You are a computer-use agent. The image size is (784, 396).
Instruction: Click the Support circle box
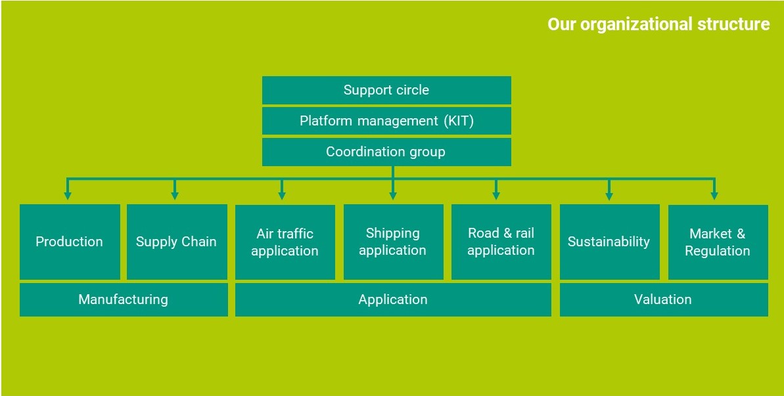pos(386,90)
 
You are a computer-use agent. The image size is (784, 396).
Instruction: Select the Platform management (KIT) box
pos(386,121)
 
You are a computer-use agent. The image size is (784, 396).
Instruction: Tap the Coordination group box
pos(386,152)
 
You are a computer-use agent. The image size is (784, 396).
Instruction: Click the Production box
pos(70,242)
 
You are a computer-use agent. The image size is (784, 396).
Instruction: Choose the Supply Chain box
pos(177,242)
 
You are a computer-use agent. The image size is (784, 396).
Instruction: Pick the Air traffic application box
pos(285,242)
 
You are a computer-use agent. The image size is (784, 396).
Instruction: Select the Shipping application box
pos(393,242)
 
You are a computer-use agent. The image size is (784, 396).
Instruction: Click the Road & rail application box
pos(501,242)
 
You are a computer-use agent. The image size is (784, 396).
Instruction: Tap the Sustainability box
pos(609,242)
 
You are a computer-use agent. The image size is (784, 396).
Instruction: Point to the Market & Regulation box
pos(718,242)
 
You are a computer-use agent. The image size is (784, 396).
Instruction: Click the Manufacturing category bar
pos(124,299)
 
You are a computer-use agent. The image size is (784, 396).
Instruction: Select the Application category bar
pos(393,299)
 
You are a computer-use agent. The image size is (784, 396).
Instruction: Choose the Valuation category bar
pos(664,299)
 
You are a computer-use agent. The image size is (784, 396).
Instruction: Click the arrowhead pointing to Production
pos(68,196)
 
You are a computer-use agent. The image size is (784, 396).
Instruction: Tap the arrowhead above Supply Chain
pos(175,196)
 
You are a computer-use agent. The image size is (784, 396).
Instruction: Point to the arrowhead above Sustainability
pos(609,196)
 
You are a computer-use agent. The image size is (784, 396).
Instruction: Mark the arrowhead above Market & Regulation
pos(714,196)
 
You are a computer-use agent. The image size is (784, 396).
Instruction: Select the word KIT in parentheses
pos(458,121)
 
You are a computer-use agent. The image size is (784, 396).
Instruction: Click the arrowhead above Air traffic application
pos(282,196)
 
